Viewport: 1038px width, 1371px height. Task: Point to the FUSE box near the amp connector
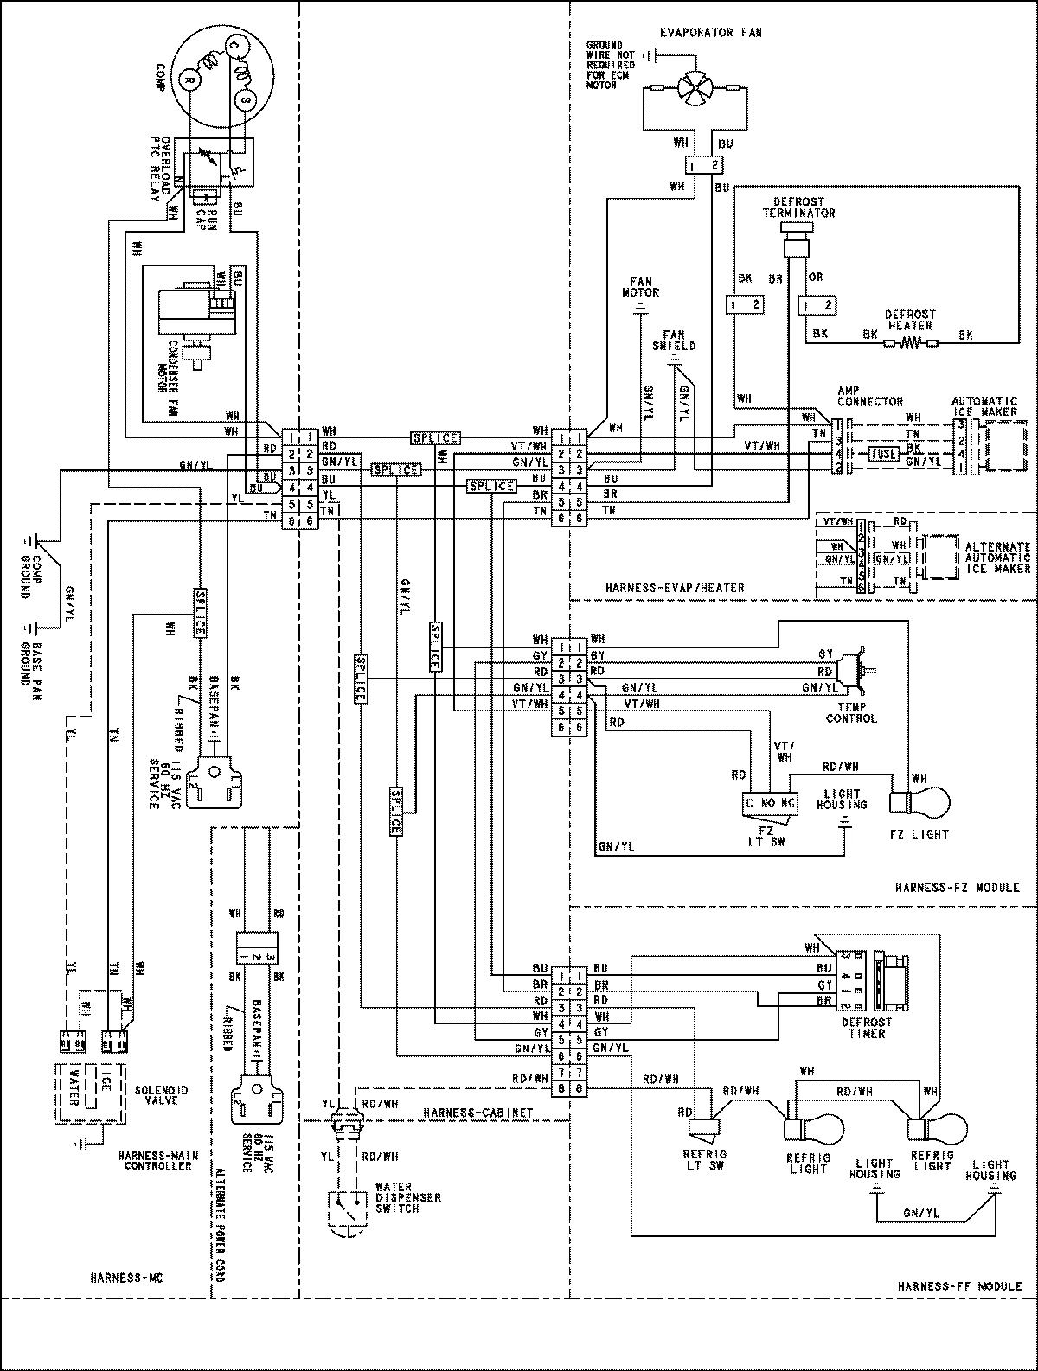click(884, 453)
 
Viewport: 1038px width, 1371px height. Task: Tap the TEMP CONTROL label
click(851, 712)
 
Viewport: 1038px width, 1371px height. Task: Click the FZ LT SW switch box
click(770, 803)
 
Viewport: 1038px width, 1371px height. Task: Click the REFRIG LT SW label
click(705, 1159)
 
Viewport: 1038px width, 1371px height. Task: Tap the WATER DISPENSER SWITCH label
click(407, 1197)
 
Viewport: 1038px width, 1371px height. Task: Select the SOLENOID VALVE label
click(163, 1095)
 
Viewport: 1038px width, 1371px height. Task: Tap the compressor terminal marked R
click(189, 80)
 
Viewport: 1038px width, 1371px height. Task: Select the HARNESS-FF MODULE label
click(958, 1286)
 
